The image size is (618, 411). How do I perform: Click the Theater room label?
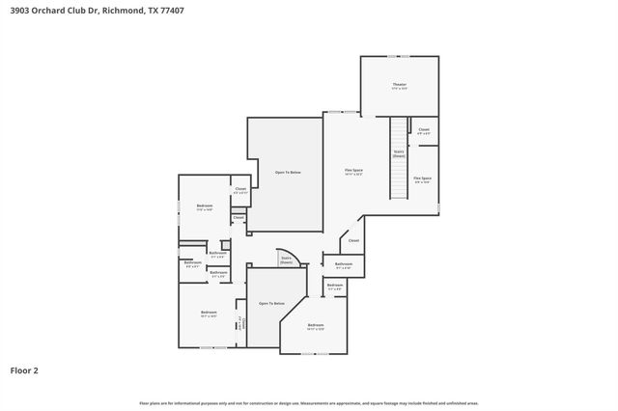pyautogui.click(x=399, y=87)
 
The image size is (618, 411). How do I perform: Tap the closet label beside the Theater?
pyautogui.click(x=424, y=130)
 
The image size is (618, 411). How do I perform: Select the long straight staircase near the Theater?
pyautogui.click(x=399, y=158)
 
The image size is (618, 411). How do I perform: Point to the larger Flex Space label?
pyautogui.click(x=353, y=173)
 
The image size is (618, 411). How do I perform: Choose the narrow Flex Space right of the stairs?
pyautogui.click(x=423, y=179)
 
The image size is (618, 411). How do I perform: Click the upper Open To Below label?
pyautogui.click(x=288, y=172)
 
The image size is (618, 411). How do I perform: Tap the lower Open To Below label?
pyautogui.click(x=271, y=304)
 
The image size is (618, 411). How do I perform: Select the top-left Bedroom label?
pyautogui.click(x=204, y=206)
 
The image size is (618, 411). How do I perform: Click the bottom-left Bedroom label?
pyautogui.click(x=209, y=314)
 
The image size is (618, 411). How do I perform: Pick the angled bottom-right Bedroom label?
pyautogui.click(x=316, y=326)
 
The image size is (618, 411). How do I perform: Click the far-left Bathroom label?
pyautogui.click(x=192, y=263)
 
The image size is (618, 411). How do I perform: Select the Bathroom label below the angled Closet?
pyautogui.click(x=344, y=264)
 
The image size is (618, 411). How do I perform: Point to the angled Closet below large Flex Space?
pyautogui.click(x=353, y=240)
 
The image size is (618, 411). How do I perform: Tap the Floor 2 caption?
pyautogui.click(x=24, y=370)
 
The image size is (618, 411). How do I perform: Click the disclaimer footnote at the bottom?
pyautogui.click(x=308, y=402)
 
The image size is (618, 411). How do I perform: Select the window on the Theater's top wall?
pyautogui.click(x=399, y=55)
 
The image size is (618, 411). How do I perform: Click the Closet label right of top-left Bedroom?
pyautogui.click(x=240, y=190)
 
